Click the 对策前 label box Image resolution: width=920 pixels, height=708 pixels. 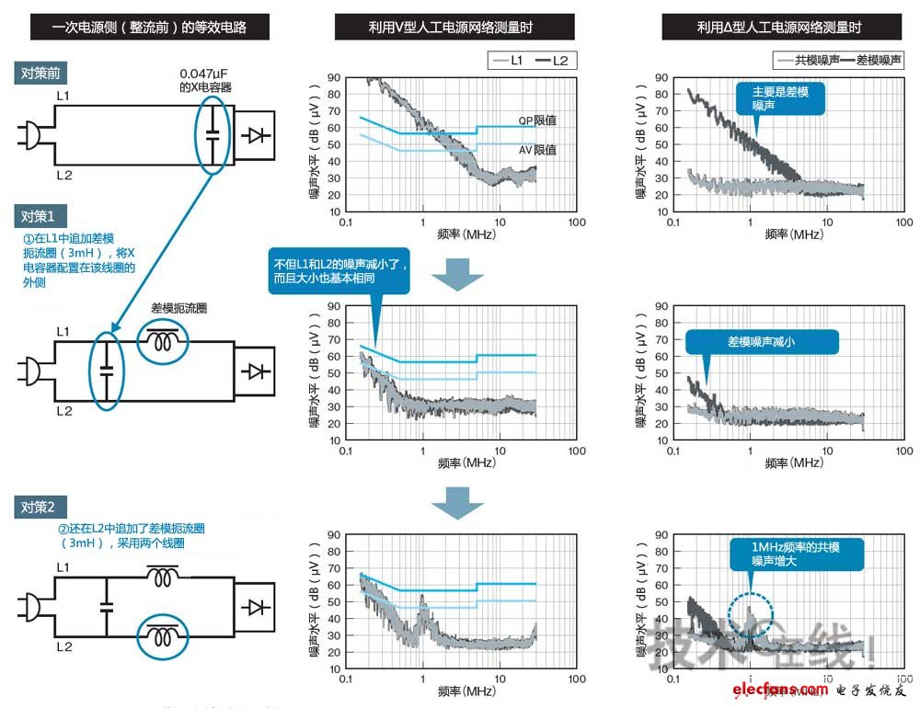[x=41, y=74]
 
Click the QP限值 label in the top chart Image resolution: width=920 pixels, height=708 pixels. [x=538, y=120]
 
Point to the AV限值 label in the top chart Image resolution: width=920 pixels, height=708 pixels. [x=538, y=149]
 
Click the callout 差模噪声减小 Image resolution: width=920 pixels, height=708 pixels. [x=762, y=341]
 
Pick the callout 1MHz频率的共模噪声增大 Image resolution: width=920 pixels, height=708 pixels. [x=797, y=553]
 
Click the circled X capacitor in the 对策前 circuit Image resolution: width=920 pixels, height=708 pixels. [x=213, y=134]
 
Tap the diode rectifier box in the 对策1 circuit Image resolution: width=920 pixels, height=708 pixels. [x=253, y=371]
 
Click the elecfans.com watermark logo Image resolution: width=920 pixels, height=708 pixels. [x=778, y=690]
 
